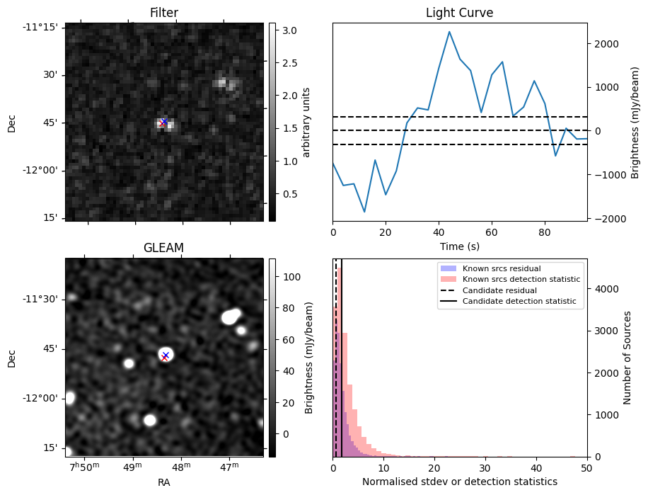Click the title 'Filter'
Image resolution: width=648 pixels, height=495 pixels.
coord(164,13)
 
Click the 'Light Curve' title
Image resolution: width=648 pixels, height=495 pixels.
coord(459,13)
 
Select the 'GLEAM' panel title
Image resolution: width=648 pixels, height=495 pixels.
coord(164,247)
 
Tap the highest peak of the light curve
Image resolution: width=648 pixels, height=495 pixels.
coord(449,32)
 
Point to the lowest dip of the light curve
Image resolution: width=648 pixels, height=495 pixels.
coord(364,212)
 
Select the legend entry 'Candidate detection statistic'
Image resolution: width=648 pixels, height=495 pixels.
coord(519,302)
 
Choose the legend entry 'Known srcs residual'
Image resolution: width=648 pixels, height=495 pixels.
coord(502,268)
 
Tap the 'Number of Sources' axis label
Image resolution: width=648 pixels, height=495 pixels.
coord(628,357)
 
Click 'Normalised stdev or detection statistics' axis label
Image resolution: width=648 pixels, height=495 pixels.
coord(459,482)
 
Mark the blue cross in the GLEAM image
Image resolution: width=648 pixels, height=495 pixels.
coord(166,355)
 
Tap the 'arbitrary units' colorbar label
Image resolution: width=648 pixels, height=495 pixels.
coord(306,122)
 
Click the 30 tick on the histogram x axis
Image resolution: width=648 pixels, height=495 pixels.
coord(485,468)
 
